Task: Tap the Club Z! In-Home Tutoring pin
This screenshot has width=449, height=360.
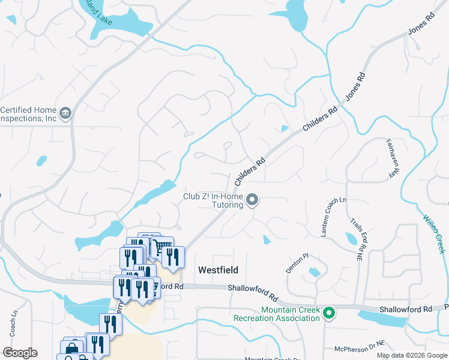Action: coord(253,200)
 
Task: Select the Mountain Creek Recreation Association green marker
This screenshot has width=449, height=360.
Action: coord(328,313)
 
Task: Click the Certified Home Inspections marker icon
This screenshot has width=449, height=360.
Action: coord(65,112)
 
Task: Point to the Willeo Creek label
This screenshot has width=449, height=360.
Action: coord(434,233)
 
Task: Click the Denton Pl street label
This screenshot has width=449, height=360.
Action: coord(297,263)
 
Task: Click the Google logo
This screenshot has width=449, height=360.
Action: coord(20,353)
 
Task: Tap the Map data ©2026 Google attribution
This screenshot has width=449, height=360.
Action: coord(411,355)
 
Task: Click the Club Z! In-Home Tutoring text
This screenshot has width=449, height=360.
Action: coord(213,200)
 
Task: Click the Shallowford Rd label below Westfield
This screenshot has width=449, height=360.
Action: coord(254,293)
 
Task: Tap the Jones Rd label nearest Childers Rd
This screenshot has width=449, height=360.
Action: coord(355,87)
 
